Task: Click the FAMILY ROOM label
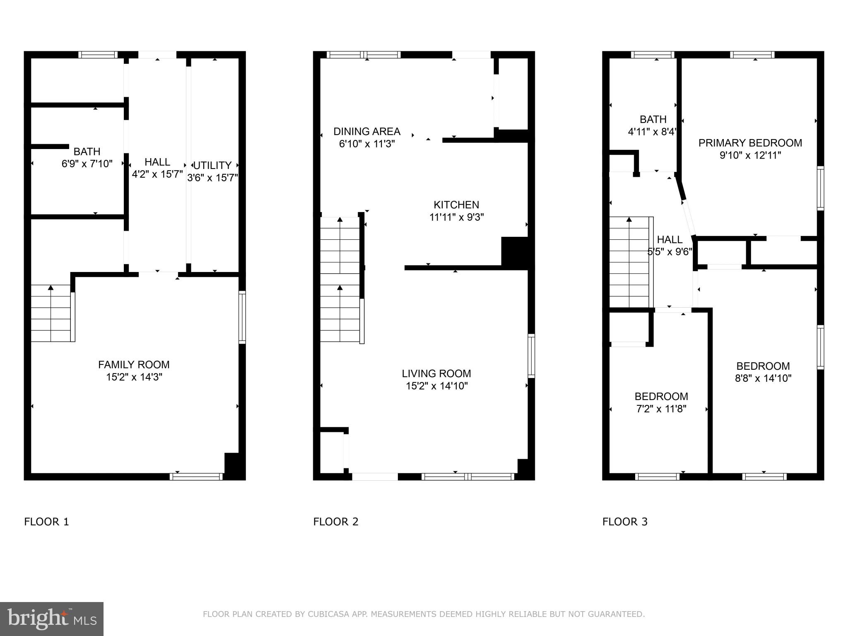[x=134, y=365]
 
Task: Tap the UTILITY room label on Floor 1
[x=212, y=166]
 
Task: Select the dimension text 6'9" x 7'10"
[x=87, y=164]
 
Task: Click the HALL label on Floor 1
[x=157, y=162]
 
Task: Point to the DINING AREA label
[x=367, y=132]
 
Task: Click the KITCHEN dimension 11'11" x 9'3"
[x=456, y=217]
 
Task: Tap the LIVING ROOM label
[x=436, y=373]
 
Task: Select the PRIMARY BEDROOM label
[x=750, y=143]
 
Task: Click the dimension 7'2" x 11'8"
[x=661, y=409]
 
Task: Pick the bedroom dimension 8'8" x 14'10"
[x=763, y=378]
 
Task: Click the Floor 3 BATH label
[x=653, y=120]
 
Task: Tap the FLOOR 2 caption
[x=336, y=522]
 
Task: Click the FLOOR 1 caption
[x=46, y=522]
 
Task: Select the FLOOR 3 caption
[x=625, y=522]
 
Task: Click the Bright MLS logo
[x=52, y=619]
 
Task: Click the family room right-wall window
[x=242, y=317]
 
